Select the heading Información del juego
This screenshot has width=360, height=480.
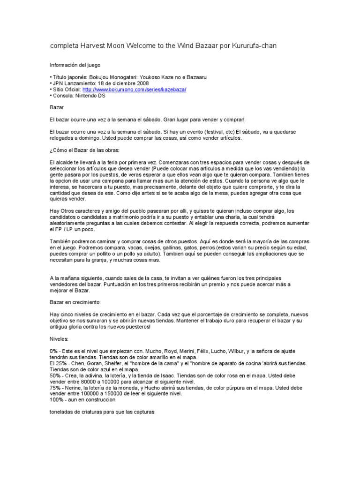point(75,65)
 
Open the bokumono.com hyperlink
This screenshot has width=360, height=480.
point(134,89)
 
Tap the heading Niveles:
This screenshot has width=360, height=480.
point(59,338)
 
